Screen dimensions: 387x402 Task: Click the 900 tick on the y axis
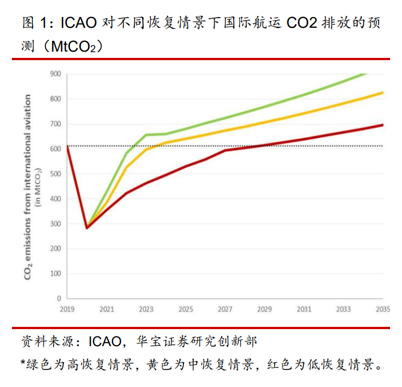55,74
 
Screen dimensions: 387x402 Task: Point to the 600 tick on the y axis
55,149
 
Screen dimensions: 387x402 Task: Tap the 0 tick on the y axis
58,298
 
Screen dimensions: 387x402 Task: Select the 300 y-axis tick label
55,224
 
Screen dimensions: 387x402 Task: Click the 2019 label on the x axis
67,309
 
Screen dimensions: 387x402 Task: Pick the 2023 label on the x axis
146,309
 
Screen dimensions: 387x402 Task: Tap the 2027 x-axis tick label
225,309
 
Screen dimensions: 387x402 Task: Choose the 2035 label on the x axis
382,309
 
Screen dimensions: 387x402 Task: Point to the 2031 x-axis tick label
304,309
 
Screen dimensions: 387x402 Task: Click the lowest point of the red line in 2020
87,228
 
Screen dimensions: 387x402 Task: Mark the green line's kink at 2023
146,134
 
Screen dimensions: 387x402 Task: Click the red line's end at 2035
383,125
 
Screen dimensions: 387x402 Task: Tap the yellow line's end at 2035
383,92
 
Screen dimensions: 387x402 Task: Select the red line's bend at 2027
225,150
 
